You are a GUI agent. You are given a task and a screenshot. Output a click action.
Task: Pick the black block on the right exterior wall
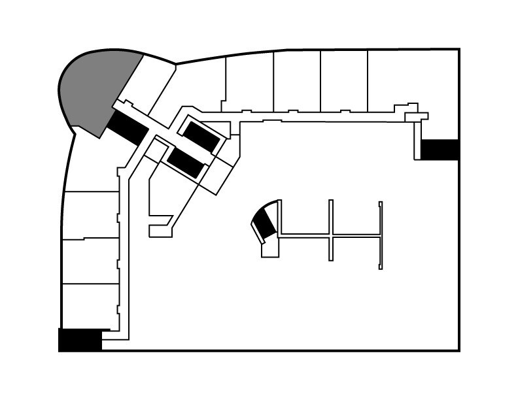point(439,149)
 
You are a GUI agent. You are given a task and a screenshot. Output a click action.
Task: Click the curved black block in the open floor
point(265,222)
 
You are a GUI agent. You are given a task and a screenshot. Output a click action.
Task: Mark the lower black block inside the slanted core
point(186,161)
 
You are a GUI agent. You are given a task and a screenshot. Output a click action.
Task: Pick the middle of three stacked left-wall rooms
point(90,261)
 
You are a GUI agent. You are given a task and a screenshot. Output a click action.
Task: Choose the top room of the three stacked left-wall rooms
point(91,215)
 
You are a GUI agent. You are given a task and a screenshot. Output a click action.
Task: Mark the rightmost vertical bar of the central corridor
point(380,235)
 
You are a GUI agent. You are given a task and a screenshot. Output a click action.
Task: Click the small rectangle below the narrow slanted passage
point(160,231)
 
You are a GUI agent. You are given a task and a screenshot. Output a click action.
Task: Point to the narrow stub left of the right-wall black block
point(417,141)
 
